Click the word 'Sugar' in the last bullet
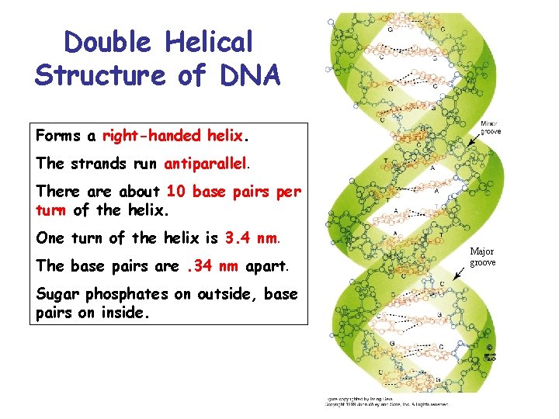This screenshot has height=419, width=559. coord(58,294)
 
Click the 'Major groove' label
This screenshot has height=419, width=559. coord(481,257)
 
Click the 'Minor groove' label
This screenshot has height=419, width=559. coord(491,127)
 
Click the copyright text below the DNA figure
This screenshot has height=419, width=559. coord(386,401)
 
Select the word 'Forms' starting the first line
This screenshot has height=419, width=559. coord(58,136)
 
